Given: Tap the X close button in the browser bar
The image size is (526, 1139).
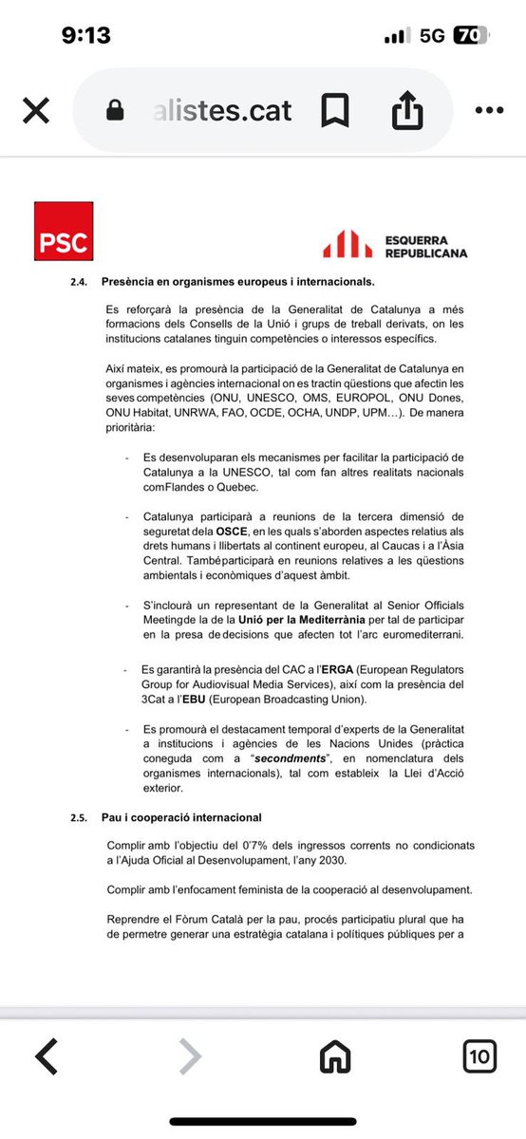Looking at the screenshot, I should pos(35,111).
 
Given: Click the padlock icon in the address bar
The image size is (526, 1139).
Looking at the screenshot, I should pos(115,111).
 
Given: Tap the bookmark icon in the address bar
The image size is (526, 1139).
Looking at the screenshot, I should pos(334,111).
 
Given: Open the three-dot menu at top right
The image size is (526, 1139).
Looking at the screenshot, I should pos(488,111).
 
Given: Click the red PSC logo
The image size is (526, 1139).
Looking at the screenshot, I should pos(64,231).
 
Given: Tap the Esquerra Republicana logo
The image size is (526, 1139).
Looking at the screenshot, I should pos(395,246).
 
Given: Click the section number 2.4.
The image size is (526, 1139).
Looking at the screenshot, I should pos(80,282).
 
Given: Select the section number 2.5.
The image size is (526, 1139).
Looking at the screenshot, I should pos(80,816).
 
